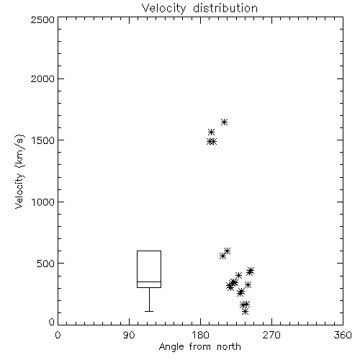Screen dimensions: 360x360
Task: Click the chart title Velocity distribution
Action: point(199,9)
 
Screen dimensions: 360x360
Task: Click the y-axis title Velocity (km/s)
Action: point(19,171)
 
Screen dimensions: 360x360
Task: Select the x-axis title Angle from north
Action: point(199,347)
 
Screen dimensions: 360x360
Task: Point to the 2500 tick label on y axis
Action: point(42,19)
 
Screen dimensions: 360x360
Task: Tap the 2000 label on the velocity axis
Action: point(42,78)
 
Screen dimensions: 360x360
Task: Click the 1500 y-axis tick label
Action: point(42,140)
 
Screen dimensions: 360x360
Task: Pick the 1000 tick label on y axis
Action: point(42,202)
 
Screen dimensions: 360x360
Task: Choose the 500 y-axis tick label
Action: point(45,264)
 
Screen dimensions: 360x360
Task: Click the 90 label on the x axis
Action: point(129,335)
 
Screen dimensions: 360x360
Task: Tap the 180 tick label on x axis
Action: point(200,335)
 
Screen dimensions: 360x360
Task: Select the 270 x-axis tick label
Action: point(271,335)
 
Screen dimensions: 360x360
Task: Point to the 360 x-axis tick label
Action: point(343,335)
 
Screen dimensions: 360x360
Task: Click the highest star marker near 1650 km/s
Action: point(224,122)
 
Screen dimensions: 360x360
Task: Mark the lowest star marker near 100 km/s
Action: point(245,312)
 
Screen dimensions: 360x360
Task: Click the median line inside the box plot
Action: point(149,282)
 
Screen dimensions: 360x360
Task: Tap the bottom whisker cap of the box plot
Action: point(149,311)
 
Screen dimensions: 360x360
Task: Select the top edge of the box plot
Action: point(149,251)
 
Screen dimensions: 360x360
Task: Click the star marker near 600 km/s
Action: point(227,251)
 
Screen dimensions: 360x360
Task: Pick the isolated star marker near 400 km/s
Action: point(238,275)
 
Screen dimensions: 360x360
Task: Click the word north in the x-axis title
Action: point(229,347)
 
